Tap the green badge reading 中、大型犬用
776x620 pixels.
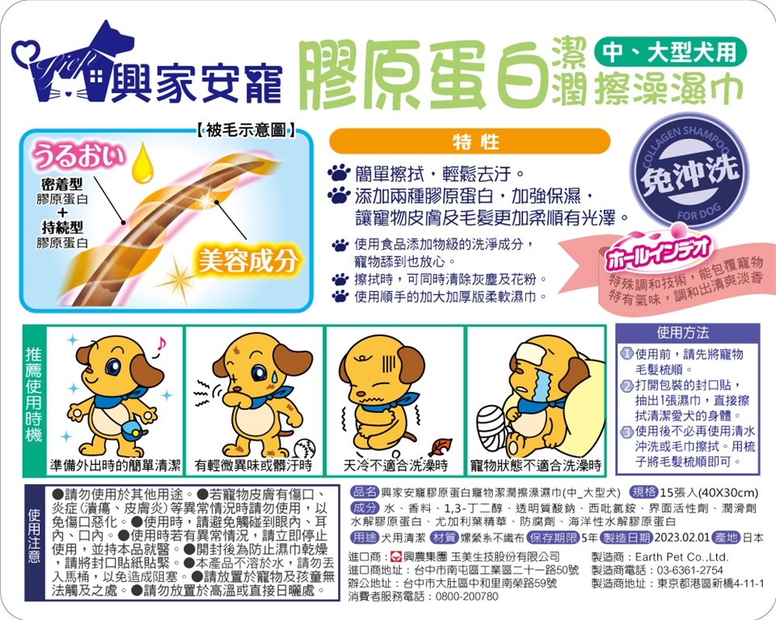[x=670, y=52]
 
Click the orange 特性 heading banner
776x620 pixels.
[x=470, y=141]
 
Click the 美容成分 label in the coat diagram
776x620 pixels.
[x=248, y=260]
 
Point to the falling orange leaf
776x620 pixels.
[x=439, y=447]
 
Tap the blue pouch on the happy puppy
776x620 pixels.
[x=132, y=429]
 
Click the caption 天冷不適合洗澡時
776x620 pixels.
[x=395, y=465]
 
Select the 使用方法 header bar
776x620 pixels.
[x=687, y=333]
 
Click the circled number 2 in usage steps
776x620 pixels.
[x=627, y=385]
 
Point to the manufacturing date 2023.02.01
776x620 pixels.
[x=682, y=538]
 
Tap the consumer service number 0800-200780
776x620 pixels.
[x=466, y=597]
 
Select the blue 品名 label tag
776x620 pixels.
[x=365, y=491]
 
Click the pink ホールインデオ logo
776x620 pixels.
[x=658, y=253]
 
